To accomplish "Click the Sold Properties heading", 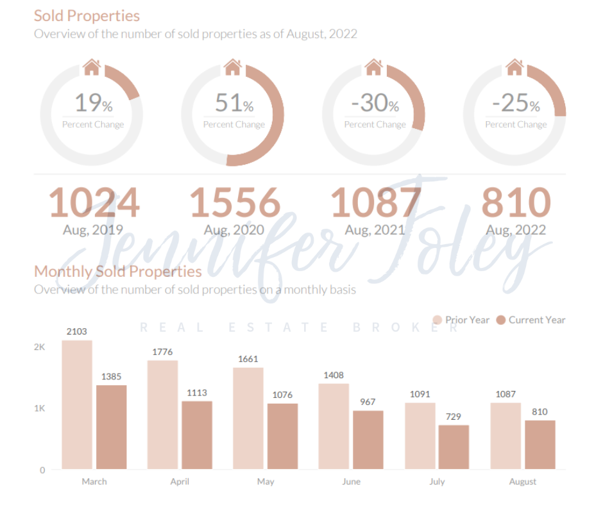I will [x=87, y=15].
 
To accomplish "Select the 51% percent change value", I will [x=234, y=103].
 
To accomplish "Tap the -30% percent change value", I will [x=375, y=103].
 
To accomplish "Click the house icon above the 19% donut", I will [x=92, y=66].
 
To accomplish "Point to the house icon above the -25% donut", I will [x=514, y=66].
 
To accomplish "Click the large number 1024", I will [x=94, y=203].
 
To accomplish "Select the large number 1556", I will [x=235, y=203].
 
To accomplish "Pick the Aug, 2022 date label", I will [x=516, y=229].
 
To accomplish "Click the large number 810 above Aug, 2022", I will [x=516, y=203].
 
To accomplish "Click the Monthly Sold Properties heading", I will [x=117, y=271].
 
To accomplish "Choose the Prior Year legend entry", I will [x=461, y=320].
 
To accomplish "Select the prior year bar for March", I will [x=77, y=404].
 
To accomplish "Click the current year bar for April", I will [x=197, y=435].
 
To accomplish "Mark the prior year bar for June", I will [x=334, y=426].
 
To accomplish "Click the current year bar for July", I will [x=454, y=447].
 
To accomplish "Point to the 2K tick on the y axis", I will [x=40, y=347].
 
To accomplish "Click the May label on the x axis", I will [x=266, y=481].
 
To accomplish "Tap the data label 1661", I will [x=248, y=359].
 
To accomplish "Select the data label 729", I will [x=454, y=417].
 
